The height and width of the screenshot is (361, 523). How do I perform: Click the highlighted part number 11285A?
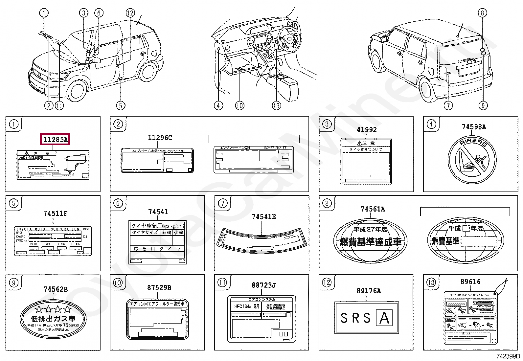55,139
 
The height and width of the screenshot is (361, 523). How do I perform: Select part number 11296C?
160,138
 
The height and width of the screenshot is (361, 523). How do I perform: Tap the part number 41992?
367,129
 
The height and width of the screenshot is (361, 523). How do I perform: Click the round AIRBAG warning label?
472,160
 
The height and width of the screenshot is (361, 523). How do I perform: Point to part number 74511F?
55,214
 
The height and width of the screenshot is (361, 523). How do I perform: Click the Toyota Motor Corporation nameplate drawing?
53,241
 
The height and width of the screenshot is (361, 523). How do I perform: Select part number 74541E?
263,216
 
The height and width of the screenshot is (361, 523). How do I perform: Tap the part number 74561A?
373,209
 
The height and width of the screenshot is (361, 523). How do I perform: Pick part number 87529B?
159,288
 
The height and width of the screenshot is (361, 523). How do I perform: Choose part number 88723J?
264,285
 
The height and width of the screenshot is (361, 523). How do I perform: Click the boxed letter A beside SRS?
384,318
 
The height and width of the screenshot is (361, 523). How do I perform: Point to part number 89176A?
369,291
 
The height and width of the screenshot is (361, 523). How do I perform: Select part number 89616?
470,282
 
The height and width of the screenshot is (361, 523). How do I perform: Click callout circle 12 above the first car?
130,13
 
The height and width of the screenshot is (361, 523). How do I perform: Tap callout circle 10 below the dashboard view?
239,105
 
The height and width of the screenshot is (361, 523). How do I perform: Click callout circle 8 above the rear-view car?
482,13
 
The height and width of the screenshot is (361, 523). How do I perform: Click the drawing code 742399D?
508,356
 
